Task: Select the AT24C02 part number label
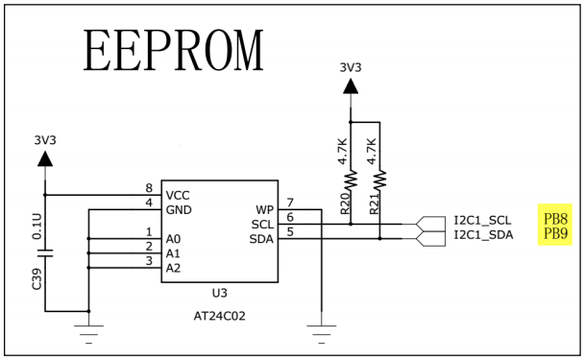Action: (219, 315)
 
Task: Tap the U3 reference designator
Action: (219, 293)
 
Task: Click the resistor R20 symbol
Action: (352, 180)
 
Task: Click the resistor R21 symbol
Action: (380, 180)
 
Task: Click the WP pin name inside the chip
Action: (264, 209)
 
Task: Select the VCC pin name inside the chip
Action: (178, 195)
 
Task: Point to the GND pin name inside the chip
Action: (179, 209)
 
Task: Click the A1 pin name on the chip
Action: (173, 252)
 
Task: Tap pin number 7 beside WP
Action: (290, 203)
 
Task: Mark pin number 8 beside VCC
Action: (149, 188)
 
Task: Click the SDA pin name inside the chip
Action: (261, 238)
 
